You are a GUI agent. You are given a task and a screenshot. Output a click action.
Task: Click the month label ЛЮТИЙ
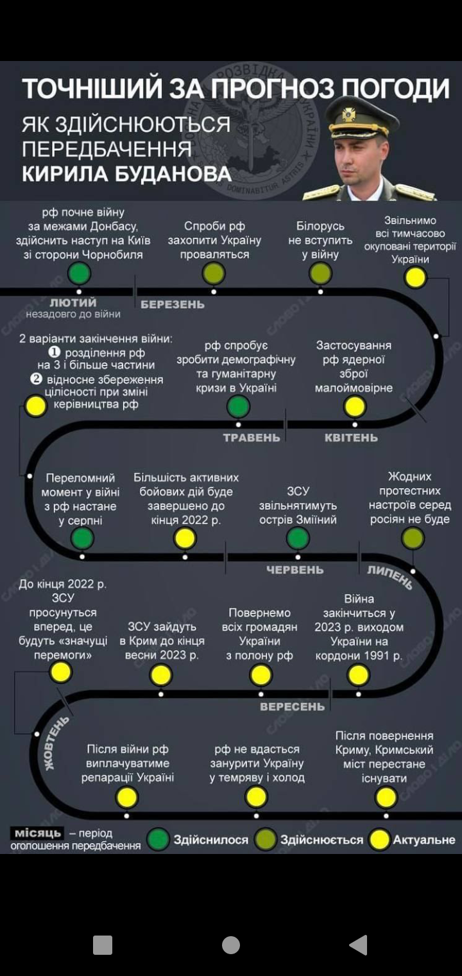click(x=73, y=302)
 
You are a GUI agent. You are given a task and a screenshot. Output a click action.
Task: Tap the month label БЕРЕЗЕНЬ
click(x=173, y=304)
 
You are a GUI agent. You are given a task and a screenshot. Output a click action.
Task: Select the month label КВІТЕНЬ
click(x=351, y=438)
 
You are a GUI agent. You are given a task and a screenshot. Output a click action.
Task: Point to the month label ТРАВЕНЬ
click(x=252, y=438)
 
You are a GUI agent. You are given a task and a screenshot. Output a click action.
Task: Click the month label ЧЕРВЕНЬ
click(x=295, y=570)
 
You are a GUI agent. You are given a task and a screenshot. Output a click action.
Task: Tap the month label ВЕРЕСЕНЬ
click(x=292, y=707)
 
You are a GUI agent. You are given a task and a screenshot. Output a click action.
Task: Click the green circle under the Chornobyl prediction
click(x=80, y=274)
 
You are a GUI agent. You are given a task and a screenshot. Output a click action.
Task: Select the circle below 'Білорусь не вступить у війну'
click(x=320, y=274)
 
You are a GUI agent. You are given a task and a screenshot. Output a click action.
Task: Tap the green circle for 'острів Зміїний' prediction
click(x=298, y=538)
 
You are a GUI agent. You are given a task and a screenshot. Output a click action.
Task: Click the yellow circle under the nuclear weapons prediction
click(x=355, y=406)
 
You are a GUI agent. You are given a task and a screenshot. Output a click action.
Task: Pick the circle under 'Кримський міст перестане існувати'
click(x=386, y=797)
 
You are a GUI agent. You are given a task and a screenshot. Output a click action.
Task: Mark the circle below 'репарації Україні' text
click(x=127, y=797)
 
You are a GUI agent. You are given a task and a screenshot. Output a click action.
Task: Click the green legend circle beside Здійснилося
click(x=158, y=839)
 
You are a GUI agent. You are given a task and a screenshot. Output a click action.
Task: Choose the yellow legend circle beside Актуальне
click(x=380, y=839)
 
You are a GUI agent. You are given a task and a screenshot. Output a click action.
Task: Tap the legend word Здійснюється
click(x=321, y=840)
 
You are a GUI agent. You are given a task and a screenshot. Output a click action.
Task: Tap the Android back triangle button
click(x=358, y=945)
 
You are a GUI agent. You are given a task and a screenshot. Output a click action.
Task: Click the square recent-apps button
click(x=103, y=945)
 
